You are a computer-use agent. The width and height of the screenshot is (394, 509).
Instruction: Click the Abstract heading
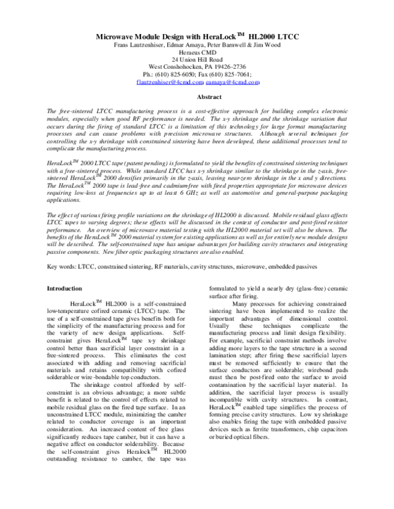click(196, 115)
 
